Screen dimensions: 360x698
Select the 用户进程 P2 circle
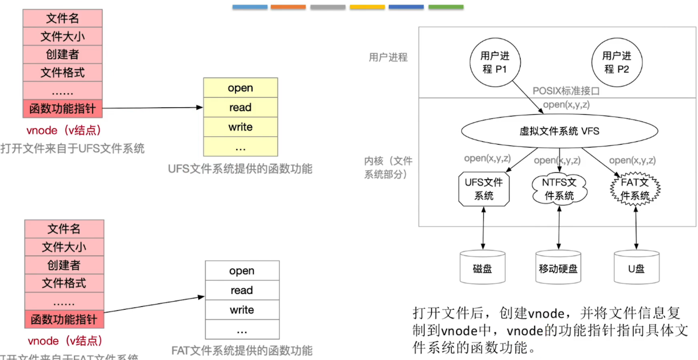[x=616, y=62]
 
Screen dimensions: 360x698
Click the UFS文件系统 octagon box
[x=483, y=189]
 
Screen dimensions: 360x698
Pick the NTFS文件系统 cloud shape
[x=558, y=189]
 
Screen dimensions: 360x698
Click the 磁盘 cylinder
[x=482, y=268]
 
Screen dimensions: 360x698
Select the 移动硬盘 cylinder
[x=558, y=268]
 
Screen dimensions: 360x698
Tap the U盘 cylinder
[x=636, y=268]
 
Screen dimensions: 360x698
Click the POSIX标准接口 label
[x=565, y=90]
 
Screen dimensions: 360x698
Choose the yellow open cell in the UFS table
[x=240, y=88]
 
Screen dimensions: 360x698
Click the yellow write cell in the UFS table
[x=240, y=127]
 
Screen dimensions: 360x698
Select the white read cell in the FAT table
[x=241, y=290]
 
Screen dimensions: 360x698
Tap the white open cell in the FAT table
[x=241, y=271]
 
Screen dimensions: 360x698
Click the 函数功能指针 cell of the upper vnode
[x=63, y=108]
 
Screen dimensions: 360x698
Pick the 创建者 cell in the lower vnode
[x=64, y=265]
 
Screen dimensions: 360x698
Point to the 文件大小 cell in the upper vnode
[x=63, y=37]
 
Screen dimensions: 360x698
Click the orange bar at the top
[x=288, y=7]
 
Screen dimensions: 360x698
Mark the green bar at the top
[x=445, y=7]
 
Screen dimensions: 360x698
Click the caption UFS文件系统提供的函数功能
[x=240, y=169]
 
